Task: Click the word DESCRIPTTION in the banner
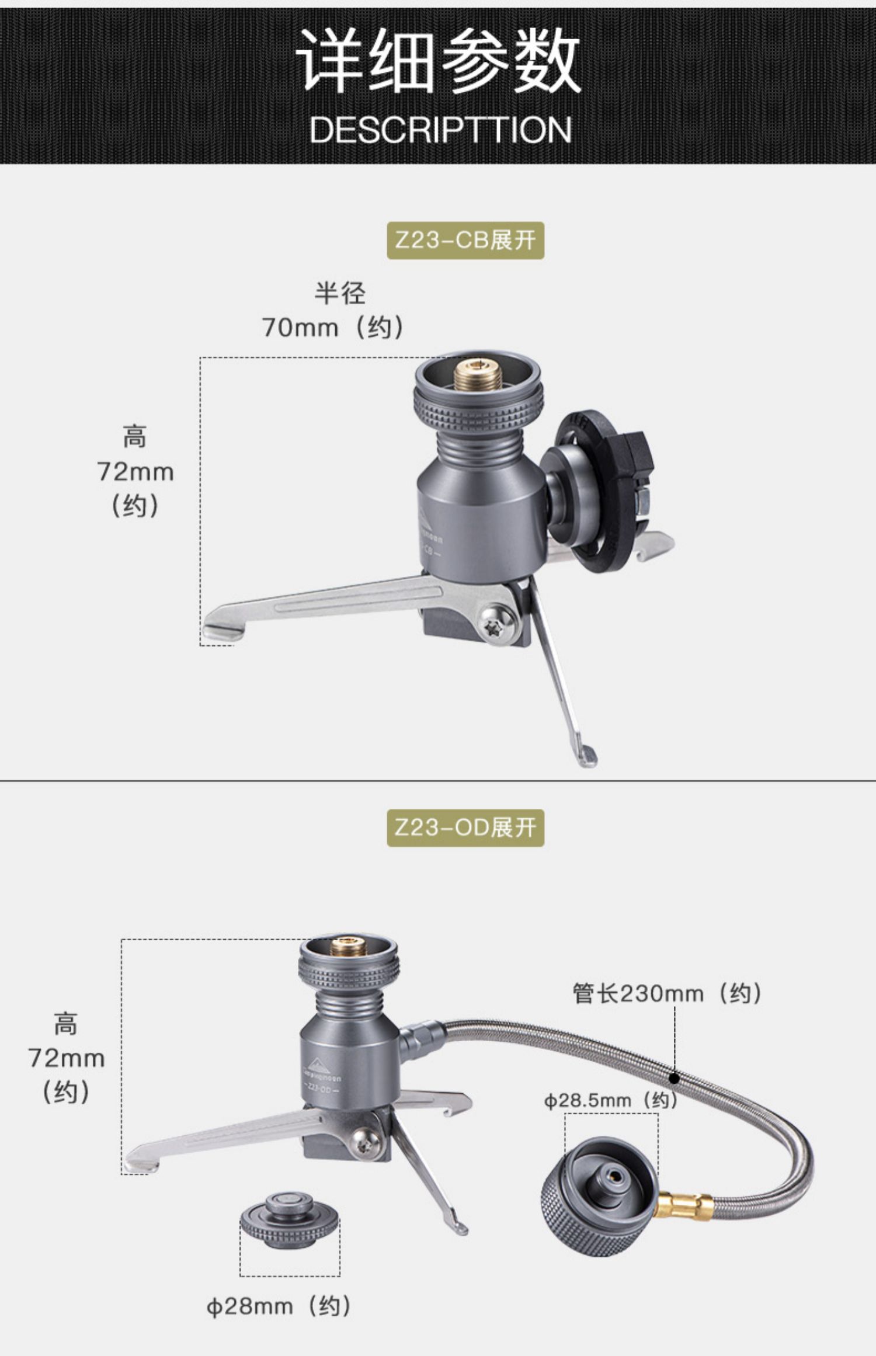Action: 440,130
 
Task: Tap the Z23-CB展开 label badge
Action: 465,240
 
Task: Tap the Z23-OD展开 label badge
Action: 465,827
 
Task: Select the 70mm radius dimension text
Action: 332,326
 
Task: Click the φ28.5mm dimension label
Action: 610,1100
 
